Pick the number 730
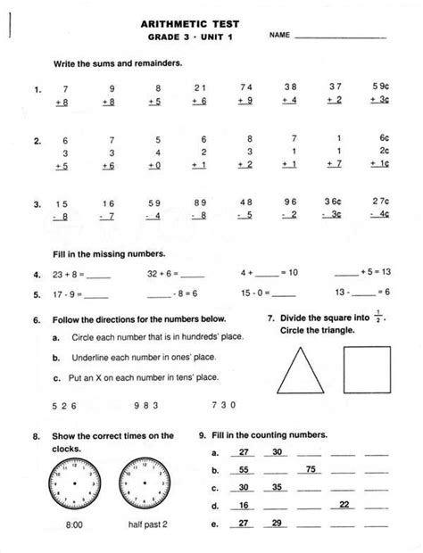pyautogui.click(x=225, y=404)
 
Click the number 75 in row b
pyautogui.click(x=310, y=469)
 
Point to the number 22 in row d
pyautogui.click(x=344, y=505)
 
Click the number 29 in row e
pyautogui.click(x=278, y=523)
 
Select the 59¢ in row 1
pyautogui.click(x=381, y=87)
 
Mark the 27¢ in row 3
pyautogui.click(x=381, y=203)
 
